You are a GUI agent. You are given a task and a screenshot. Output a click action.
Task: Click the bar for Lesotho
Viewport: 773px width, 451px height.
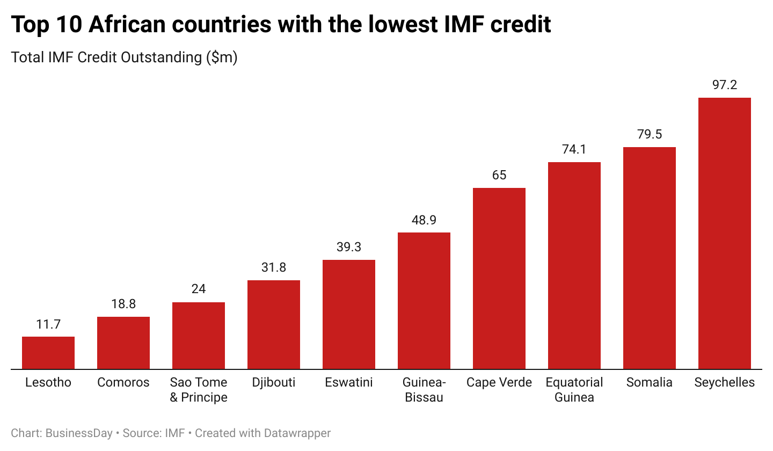pyautogui.click(x=48, y=353)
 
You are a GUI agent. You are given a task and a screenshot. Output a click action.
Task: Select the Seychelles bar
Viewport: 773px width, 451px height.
pyautogui.click(x=724, y=234)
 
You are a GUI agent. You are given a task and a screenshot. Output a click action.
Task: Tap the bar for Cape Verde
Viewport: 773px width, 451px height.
pyautogui.click(x=499, y=278)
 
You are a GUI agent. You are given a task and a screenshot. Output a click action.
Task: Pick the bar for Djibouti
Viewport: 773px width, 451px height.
pyautogui.click(x=274, y=324)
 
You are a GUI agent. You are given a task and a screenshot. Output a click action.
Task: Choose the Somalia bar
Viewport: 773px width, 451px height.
pyautogui.click(x=650, y=258)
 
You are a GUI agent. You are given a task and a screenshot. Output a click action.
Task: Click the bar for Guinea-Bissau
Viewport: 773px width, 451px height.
pyautogui.click(x=424, y=301)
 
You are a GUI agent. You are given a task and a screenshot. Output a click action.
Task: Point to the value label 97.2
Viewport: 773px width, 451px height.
pyautogui.click(x=724, y=85)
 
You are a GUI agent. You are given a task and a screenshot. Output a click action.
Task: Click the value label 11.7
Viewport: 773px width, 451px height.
pyautogui.click(x=48, y=324)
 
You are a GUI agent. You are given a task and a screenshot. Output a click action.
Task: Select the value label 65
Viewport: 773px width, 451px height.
pyautogui.click(x=499, y=175)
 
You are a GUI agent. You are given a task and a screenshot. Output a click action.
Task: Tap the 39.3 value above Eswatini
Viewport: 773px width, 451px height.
pyautogui.click(x=349, y=247)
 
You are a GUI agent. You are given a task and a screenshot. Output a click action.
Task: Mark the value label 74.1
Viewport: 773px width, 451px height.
pyautogui.click(x=574, y=149)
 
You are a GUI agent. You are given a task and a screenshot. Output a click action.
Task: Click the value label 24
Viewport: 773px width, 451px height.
pyautogui.click(x=199, y=289)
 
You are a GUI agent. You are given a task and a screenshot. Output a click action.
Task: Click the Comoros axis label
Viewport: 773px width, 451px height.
pyautogui.click(x=123, y=382)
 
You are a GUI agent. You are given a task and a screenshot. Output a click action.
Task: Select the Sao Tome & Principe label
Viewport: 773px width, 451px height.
pyautogui.click(x=199, y=390)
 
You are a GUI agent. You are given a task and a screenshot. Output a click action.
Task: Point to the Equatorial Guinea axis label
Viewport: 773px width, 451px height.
pyautogui.click(x=574, y=390)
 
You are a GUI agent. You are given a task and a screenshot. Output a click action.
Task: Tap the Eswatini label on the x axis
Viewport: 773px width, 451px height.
pyautogui.click(x=349, y=382)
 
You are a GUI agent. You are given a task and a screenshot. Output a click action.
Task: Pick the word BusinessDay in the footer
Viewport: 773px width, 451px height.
pyautogui.click(x=79, y=433)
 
